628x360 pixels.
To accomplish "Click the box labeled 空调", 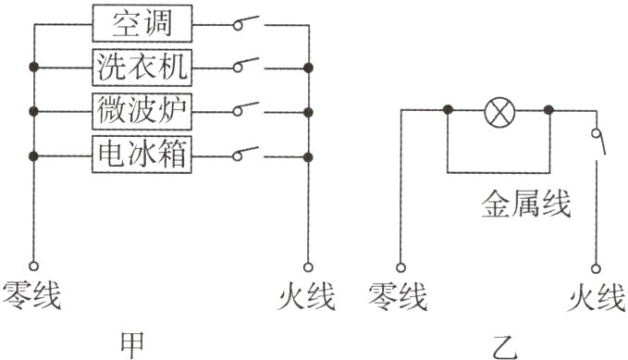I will coord(142,23).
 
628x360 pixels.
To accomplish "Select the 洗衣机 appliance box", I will coord(142,67).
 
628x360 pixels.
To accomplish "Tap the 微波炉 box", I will coord(142,110).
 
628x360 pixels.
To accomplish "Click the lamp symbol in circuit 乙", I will coord(499,110).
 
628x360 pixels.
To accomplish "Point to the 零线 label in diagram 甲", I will coord(33,297).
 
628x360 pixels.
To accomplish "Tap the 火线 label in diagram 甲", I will coord(306,297).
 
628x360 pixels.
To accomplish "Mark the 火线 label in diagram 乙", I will coord(596,297).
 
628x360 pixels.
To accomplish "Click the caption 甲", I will coord(132,342).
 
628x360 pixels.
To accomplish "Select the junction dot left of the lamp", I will coord(448,110).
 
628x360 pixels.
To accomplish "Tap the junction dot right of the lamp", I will coord(548,110).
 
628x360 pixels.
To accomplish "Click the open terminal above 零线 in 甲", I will coord(34,265).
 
